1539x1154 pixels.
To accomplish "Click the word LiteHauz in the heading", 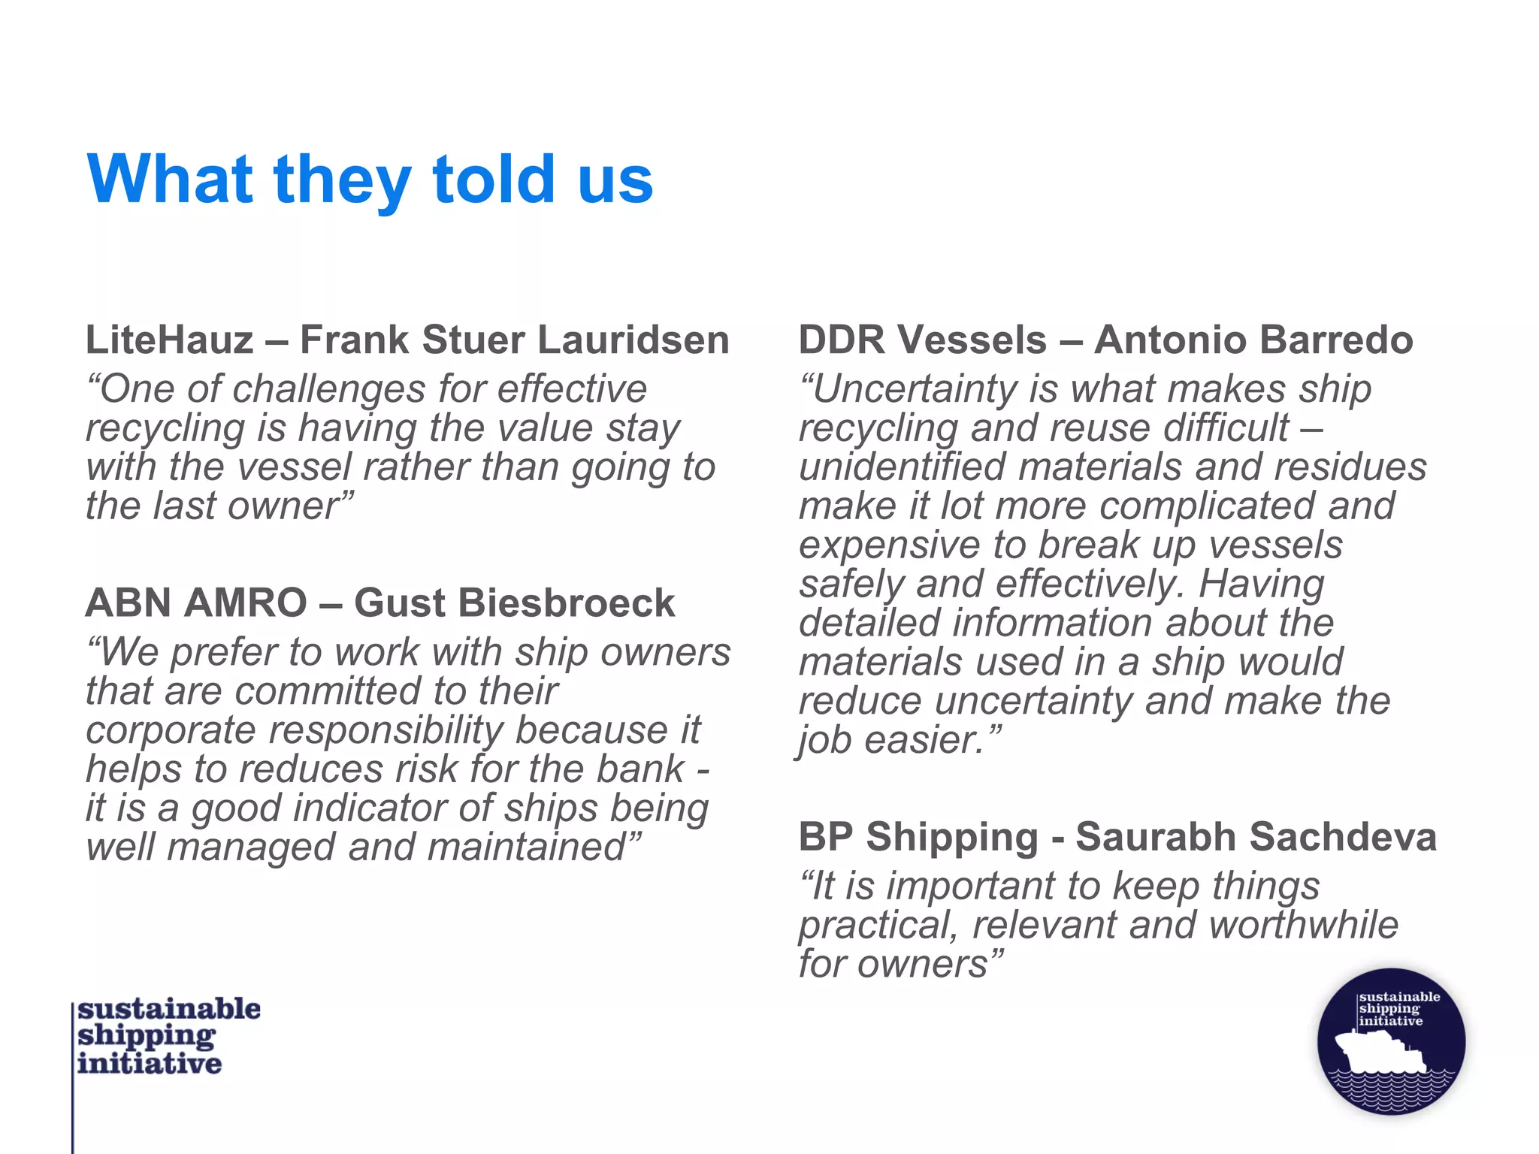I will tap(170, 340).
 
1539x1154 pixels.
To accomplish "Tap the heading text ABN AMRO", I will tap(196, 603).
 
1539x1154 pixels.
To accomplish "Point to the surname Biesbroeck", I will tap(567, 603).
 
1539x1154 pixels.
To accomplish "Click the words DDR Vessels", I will tap(922, 340).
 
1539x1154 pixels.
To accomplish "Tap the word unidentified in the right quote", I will tap(902, 467).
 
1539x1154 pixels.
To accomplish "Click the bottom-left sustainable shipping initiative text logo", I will tap(167, 1036).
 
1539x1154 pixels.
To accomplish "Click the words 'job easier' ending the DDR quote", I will tap(899, 740).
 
